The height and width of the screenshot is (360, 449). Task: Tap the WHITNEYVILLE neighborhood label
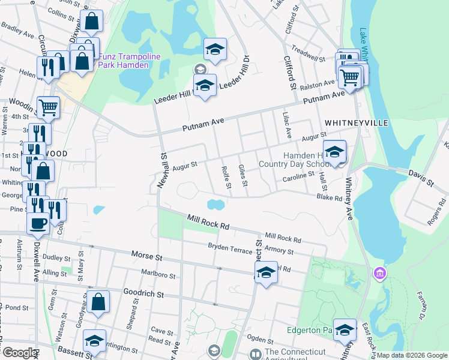point(356,122)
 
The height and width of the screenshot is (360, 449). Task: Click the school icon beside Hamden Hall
point(335,152)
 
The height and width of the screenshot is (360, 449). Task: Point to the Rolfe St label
point(226,177)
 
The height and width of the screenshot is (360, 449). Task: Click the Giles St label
point(243,175)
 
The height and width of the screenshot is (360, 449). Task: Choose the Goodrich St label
point(143,293)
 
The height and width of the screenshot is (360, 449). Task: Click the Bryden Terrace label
point(231,247)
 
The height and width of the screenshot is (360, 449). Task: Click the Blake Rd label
point(329,197)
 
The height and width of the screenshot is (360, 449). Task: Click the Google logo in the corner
point(20,353)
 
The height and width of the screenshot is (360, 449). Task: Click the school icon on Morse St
point(265,272)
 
